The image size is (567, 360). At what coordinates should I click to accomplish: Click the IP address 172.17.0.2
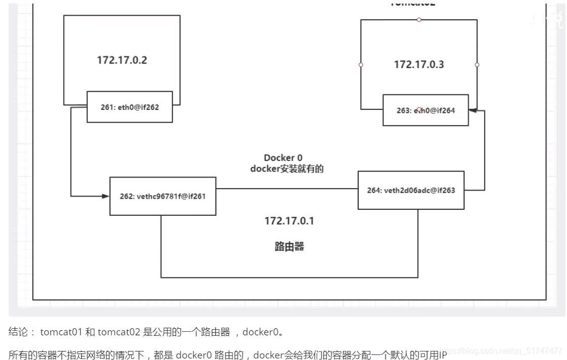[x=122, y=60]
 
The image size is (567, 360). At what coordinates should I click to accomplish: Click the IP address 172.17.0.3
[x=419, y=65]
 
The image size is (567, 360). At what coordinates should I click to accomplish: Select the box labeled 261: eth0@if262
[x=130, y=106]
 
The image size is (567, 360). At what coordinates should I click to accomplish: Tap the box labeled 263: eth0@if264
[x=425, y=110]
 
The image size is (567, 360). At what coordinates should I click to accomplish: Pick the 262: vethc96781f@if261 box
[x=163, y=196]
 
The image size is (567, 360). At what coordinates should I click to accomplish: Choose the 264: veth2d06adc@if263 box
[x=411, y=190]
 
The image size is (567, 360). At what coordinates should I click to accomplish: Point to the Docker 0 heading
[x=283, y=158]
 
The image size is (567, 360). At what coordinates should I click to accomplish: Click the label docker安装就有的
[x=287, y=169]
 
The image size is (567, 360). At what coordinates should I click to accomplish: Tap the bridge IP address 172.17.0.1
[x=289, y=221]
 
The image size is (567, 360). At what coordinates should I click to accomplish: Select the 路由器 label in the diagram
[x=289, y=247]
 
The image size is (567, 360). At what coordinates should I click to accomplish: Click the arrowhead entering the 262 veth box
[x=106, y=196]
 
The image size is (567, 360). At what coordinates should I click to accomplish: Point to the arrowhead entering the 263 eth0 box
[x=472, y=109]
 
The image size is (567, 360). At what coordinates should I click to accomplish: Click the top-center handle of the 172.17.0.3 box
[x=419, y=20]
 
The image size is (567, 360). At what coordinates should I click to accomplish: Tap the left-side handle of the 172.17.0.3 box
[x=361, y=65]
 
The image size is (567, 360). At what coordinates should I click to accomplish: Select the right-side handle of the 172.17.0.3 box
[x=477, y=65]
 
